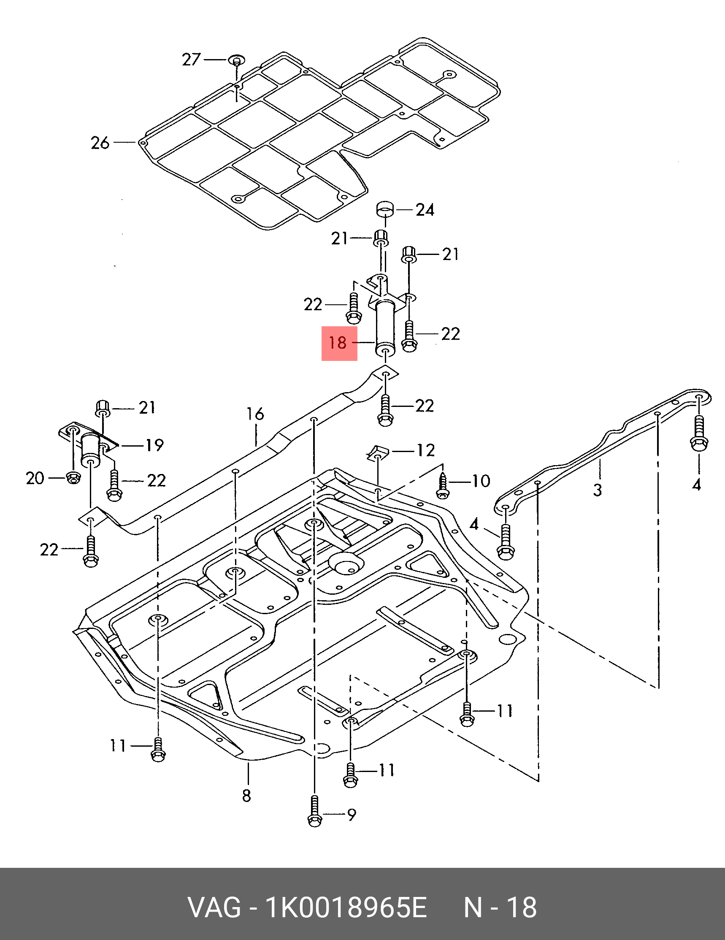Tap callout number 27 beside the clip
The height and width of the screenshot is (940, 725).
coord(191,60)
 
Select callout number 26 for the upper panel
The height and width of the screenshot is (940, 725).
coord(100,143)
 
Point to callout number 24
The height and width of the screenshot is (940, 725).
coord(425,210)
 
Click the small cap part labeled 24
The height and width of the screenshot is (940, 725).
coord(385,209)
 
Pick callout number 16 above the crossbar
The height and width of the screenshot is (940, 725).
coord(255,414)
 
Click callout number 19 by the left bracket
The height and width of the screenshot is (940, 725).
coord(154,445)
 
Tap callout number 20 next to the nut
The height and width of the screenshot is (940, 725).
coord(35,478)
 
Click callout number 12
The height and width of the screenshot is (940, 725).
coord(425,450)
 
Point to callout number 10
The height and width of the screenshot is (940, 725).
coord(481,481)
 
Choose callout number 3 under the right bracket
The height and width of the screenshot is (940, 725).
coord(597,490)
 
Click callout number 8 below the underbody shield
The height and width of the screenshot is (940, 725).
coord(246,795)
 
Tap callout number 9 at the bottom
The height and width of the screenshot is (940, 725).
coord(352,814)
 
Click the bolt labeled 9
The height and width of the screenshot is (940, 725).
coord(314,812)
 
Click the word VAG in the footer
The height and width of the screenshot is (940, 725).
coord(214,907)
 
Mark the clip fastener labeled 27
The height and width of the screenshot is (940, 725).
coord(236,60)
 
